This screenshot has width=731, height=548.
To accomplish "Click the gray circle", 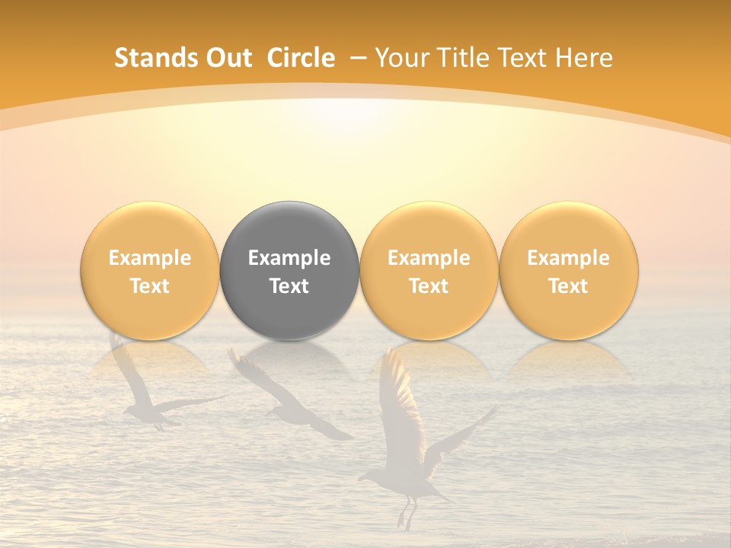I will (x=289, y=270).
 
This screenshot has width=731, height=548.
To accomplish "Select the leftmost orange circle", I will (x=149, y=270).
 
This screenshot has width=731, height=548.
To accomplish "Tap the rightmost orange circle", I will (x=568, y=270).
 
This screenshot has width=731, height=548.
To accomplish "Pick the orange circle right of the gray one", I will (x=429, y=270).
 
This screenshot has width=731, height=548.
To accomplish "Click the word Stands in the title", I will (x=155, y=58).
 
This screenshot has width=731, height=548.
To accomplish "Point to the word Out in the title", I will (x=227, y=58).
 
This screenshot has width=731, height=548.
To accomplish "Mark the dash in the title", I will (x=359, y=59).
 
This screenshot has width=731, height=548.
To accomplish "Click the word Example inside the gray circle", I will (x=289, y=258).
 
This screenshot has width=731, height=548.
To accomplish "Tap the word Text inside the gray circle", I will (x=289, y=286).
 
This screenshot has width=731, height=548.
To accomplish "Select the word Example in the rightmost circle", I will (x=568, y=258).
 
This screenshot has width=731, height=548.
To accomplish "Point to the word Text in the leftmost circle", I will (x=149, y=286).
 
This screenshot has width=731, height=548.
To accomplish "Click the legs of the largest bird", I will (x=406, y=514).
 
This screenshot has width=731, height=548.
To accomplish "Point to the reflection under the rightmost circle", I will (x=568, y=358).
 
